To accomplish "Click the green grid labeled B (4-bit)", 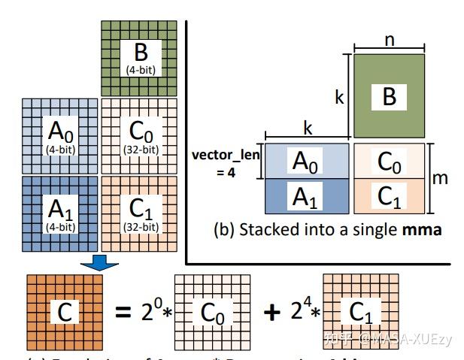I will [x=138, y=59].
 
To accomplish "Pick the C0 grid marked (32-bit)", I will [x=138, y=136].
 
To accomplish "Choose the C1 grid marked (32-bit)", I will [x=138, y=213].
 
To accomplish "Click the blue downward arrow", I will [x=99, y=260].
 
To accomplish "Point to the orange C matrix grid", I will [x=64, y=310].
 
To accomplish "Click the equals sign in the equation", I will [x=125, y=311].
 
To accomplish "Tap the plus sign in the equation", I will [x=271, y=311].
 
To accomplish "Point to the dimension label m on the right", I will [x=442, y=178].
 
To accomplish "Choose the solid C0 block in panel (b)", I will [x=388, y=161].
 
